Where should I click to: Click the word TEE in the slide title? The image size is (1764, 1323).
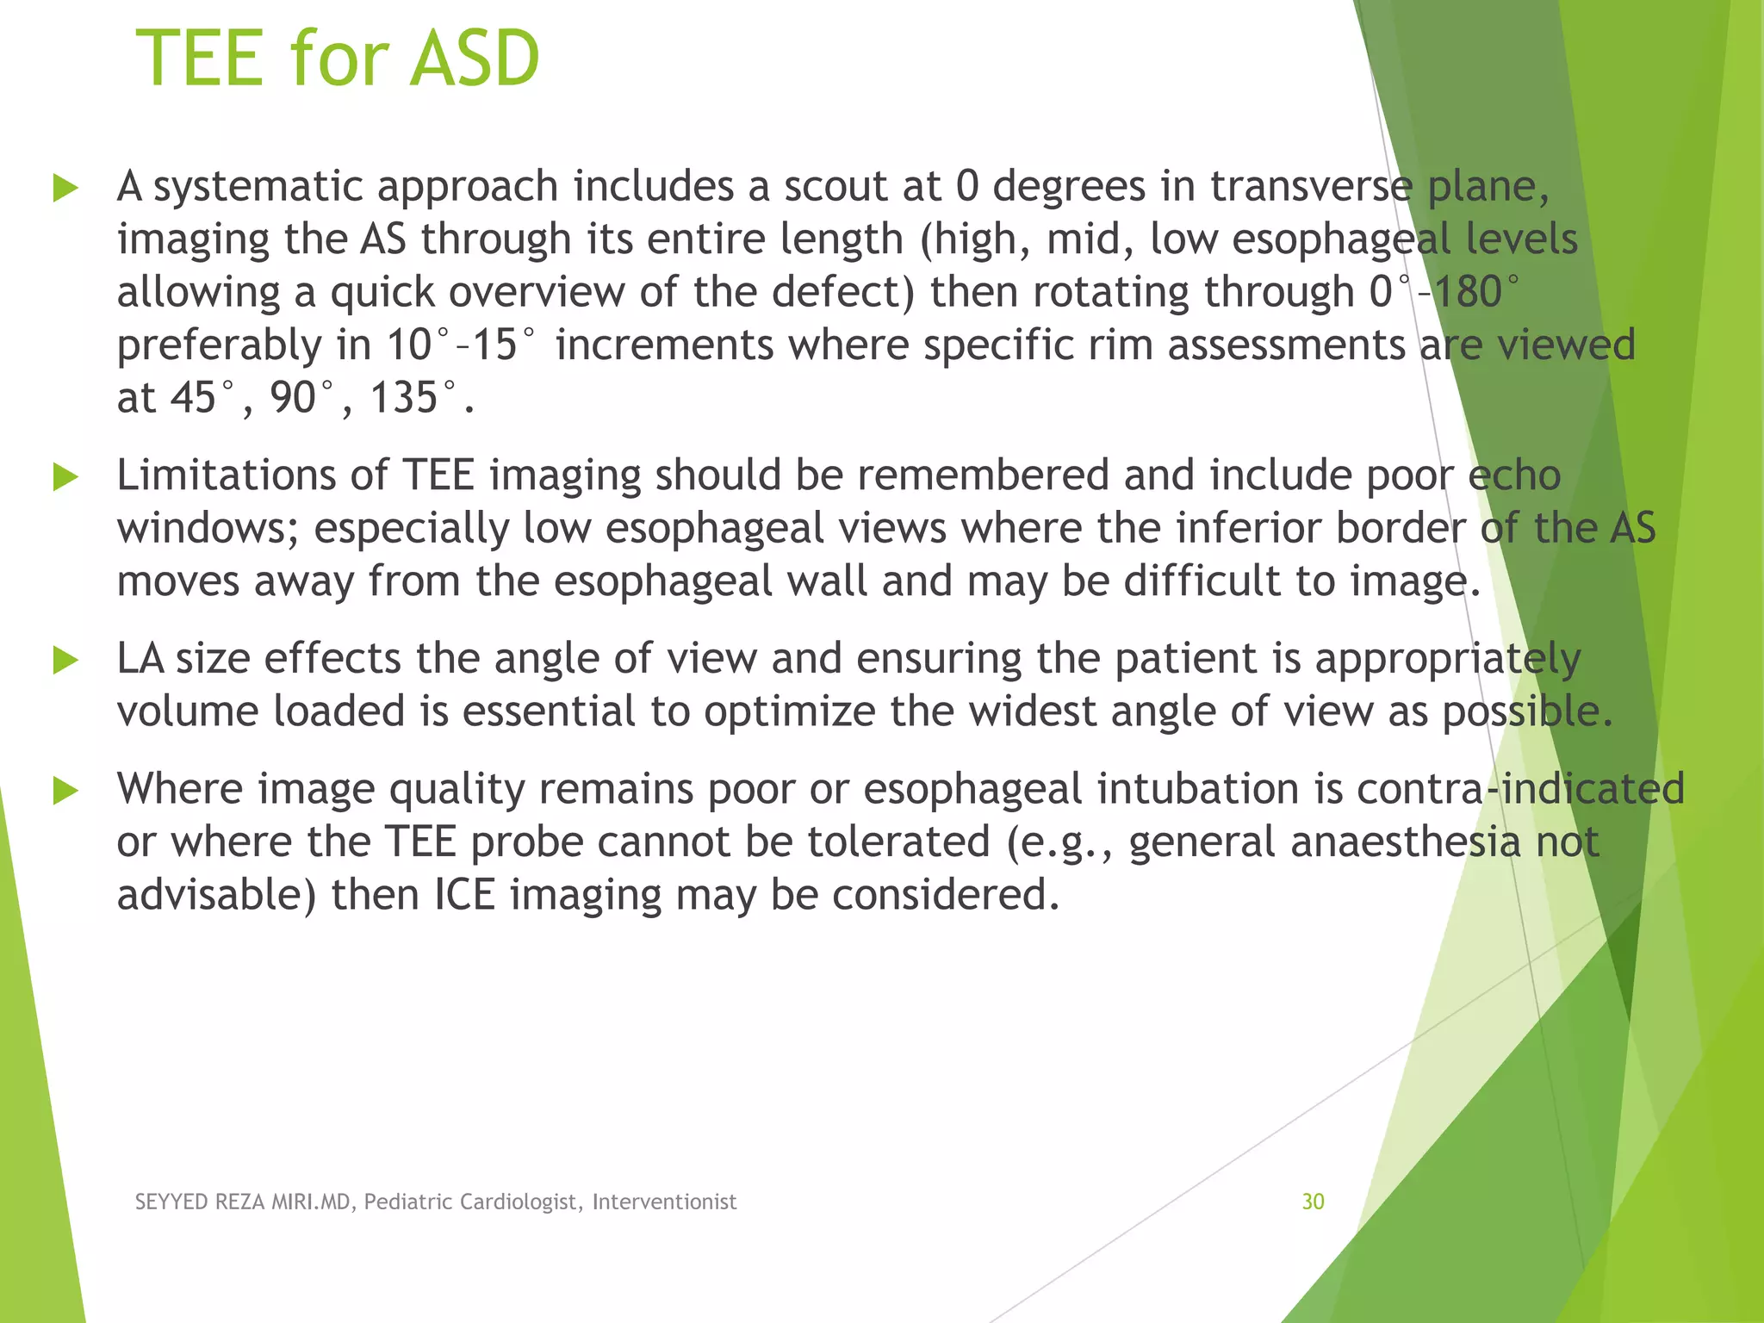199,59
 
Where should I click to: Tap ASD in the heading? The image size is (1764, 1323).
475,59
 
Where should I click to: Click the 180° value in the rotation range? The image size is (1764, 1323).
1475,292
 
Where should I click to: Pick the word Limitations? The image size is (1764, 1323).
227,475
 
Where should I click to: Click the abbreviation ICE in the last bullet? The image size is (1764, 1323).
464,894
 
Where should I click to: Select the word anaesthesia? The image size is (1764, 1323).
1411,842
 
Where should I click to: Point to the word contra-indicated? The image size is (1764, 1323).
1520,789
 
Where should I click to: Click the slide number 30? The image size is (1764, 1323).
1313,1202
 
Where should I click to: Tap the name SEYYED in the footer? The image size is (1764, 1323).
171,1202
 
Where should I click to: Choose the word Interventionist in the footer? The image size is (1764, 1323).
664,1202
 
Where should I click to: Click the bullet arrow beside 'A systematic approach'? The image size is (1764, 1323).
65,188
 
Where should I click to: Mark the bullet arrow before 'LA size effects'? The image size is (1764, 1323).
65,661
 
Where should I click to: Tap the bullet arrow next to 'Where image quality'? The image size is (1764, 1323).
65,791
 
